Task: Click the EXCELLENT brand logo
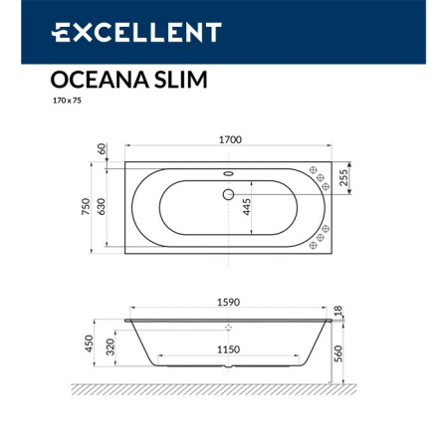tap(136, 33)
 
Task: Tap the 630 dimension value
tap(102, 207)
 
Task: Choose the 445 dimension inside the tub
tap(245, 208)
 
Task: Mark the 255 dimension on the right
tap(344, 177)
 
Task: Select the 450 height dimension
tap(89, 344)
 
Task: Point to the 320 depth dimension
tap(111, 348)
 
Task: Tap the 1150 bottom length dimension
tap(228, 349)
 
